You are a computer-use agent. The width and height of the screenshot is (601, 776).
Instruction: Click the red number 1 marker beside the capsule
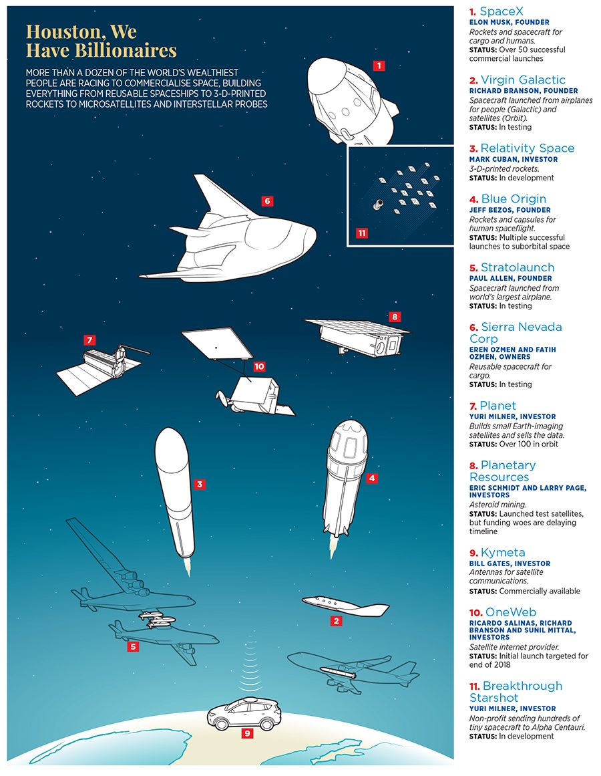(379, 66)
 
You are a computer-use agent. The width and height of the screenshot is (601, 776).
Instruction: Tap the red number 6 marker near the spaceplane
(267, 201)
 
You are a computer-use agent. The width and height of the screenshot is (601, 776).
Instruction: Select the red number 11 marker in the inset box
(362, 233)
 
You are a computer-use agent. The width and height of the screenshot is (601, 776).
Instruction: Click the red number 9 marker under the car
(247, 733)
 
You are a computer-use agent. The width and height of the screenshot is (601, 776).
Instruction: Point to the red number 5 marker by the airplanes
(133, 646)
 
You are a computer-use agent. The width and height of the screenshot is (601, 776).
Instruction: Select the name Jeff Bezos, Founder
(511, 210)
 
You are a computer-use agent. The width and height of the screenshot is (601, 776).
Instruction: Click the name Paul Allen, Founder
(511, 279)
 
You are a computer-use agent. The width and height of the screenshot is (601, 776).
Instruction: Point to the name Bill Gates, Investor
(510, 563)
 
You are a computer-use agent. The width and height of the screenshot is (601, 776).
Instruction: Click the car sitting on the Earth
(244, 713)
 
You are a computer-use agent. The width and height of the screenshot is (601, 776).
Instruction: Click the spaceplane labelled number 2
(345, 606)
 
